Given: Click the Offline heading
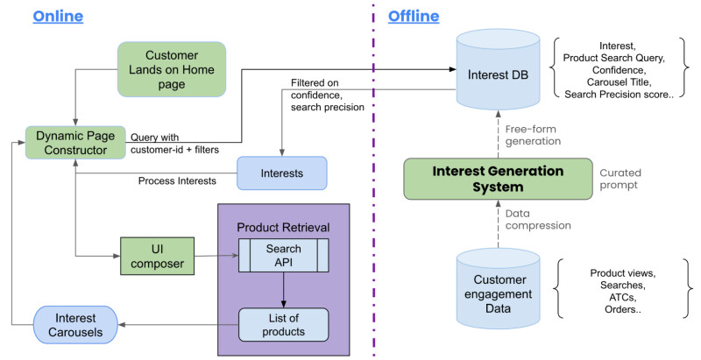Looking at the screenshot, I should point(413,17).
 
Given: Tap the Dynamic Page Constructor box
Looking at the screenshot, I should point(76,144).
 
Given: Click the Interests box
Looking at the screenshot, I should point(282,173).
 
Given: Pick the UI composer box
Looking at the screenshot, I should point(156,256).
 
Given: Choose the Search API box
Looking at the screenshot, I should point(283,256).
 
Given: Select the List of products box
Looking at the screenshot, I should point(283,324).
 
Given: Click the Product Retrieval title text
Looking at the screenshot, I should point(283,227).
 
